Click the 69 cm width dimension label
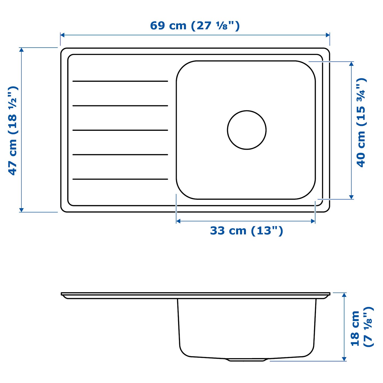pos(195,26)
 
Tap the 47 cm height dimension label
pos(13,130)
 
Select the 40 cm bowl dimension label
pos(361,122)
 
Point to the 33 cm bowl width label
pos(246,231)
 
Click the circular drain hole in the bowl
pos(247,130)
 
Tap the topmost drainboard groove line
pos(120,81)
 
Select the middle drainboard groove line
pos(120,130)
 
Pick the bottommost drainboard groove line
pos(120,179)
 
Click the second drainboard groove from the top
pos(120,106)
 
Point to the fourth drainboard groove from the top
pos(120,155)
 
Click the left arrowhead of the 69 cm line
pos(62,35)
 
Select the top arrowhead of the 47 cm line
pos(22,50)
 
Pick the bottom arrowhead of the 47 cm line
pos(22,210)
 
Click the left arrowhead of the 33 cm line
pos(178,221)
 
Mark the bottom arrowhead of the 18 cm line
pos(344,359)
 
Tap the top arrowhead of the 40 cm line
pos(352,64)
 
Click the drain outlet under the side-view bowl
pos(247,360)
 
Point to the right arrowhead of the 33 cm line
pos(313,221)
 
